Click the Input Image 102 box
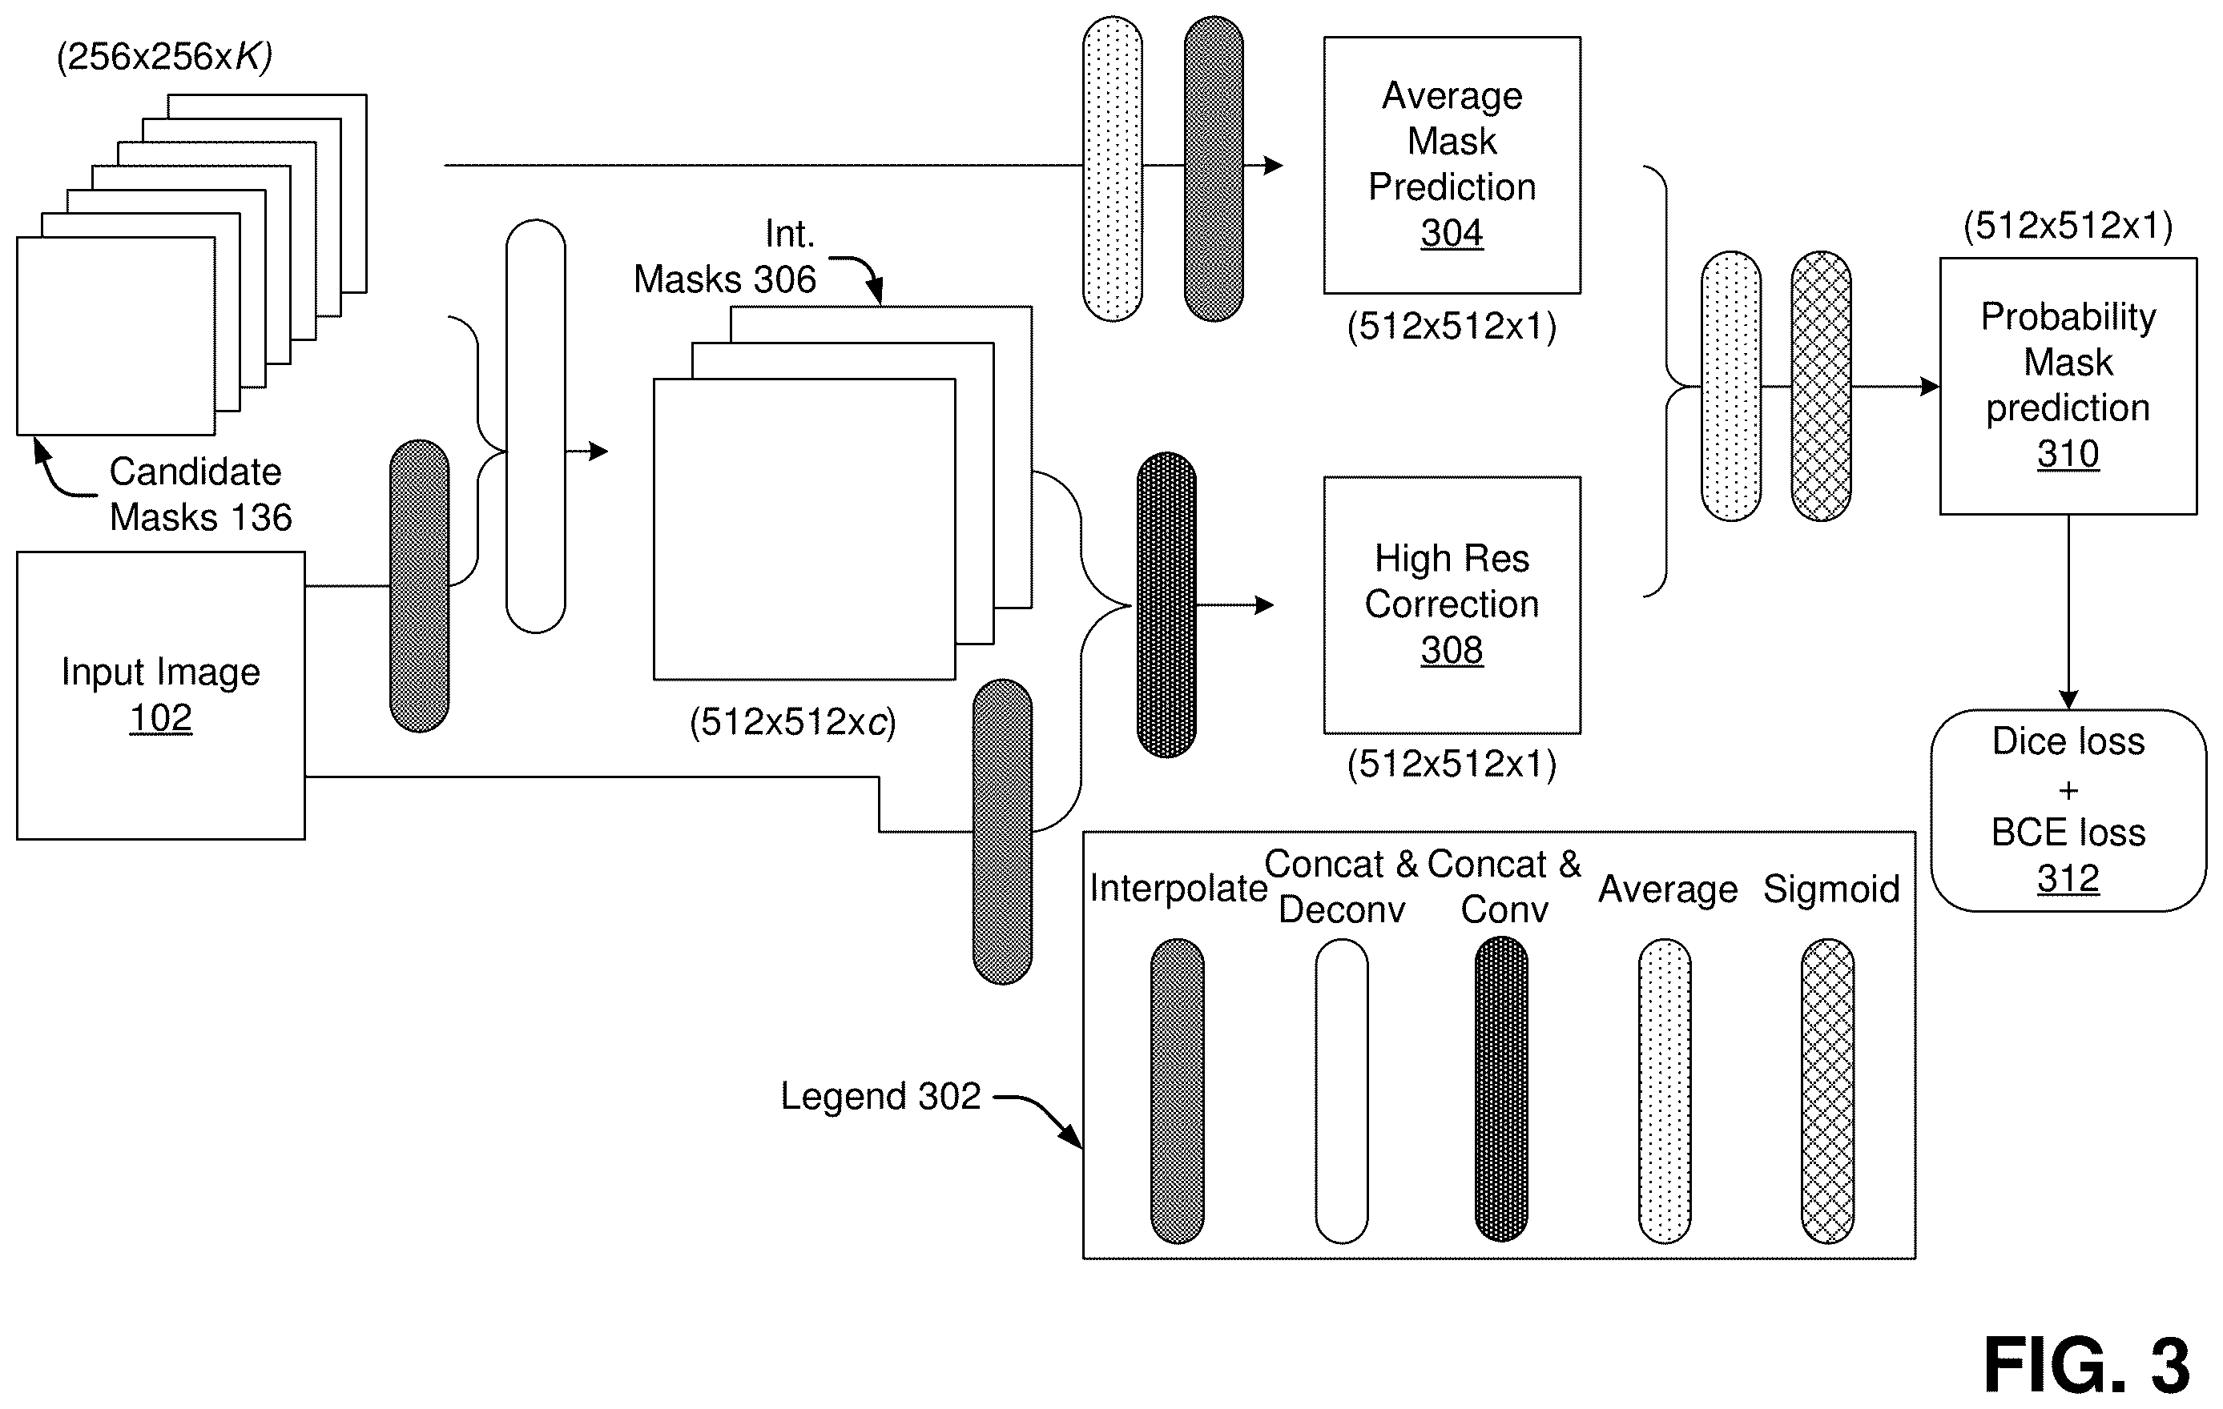coord(161,696)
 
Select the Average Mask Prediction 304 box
coord(1452,165)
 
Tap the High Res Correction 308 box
coord(1452,605)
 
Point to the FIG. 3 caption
coord(2086,1366)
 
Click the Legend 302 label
coord(880,1096)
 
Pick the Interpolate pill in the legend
coord(1177,1090)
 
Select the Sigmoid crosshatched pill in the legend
coord(1828,1090)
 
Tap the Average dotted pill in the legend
coord(1665,1090)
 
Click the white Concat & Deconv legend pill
coord(1341,1090)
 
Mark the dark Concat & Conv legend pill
coord(1502,1089)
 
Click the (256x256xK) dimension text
coord(164,57)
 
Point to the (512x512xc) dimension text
coord(793,722)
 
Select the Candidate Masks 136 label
coord(200,495)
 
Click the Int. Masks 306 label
coord(726,256)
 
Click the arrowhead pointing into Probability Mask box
coord(1930,386)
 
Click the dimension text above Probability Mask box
coord(2068,226)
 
